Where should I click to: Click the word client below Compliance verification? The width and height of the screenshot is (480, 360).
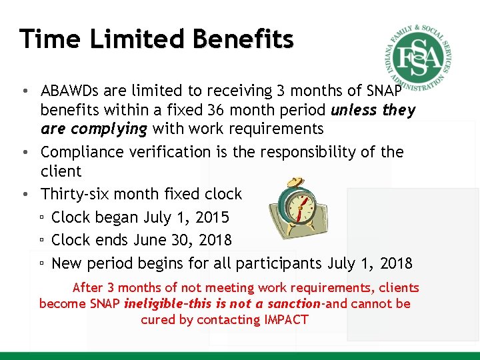pyautogui.click(x=61, y=171)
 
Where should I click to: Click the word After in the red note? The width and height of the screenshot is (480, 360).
pyautogui.click(x=87, y=288)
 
